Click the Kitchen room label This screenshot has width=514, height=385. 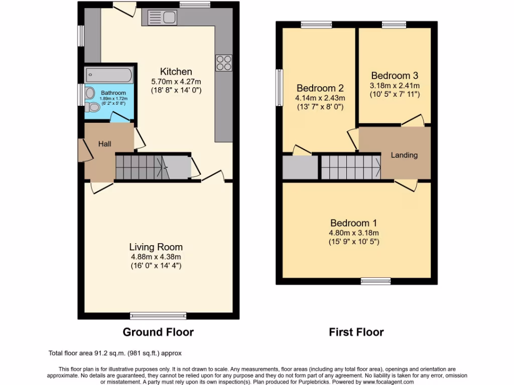coord(176,71)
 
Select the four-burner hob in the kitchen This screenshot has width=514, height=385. coord(223,62)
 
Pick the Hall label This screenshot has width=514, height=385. coord(104,144)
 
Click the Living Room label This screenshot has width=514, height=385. coord(156,247)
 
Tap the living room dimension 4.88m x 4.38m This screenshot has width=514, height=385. coord(156,256)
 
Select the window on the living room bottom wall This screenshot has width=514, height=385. coord(146,315)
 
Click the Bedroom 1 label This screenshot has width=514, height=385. coord(354,223)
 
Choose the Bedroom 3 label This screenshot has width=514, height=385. coord(395,76)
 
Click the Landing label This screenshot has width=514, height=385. coord(404,155)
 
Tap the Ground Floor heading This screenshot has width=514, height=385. coord(158,332)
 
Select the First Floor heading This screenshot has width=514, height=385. coord(356,332)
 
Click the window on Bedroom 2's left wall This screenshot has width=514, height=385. coord(279,88)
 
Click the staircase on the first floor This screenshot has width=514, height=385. coord(350,167)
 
